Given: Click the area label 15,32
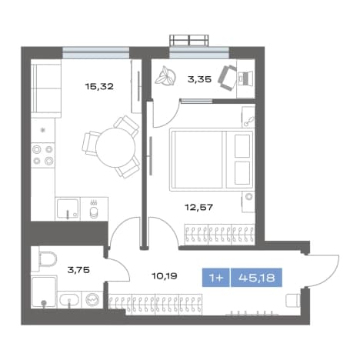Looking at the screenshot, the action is pos(99,86).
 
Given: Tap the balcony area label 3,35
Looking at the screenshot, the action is pos(199,79).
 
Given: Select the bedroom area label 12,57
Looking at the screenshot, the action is pos(199,207).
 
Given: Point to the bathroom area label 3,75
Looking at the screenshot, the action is pos(78,270).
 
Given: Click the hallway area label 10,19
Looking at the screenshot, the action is pos(165,276).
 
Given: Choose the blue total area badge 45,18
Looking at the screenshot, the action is pos(257,278).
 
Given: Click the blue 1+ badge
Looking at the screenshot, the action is pos(216,278).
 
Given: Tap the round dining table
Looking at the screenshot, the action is pos(115,147).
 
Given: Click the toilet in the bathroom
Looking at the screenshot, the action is pos(48,259).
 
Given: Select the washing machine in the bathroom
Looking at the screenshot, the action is pos(92,299).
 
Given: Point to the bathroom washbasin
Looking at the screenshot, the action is pos(68,299).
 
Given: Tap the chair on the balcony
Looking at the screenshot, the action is pos(227,78).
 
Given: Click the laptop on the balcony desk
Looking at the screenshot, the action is pos(245,78).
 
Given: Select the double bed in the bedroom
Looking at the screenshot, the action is pos(212,159).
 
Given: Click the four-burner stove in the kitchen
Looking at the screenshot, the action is pos(43,155).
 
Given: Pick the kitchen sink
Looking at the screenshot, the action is pos(68,208).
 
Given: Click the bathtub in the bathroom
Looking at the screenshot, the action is pos(44,292).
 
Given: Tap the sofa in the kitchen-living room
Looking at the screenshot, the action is pos(46,88).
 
